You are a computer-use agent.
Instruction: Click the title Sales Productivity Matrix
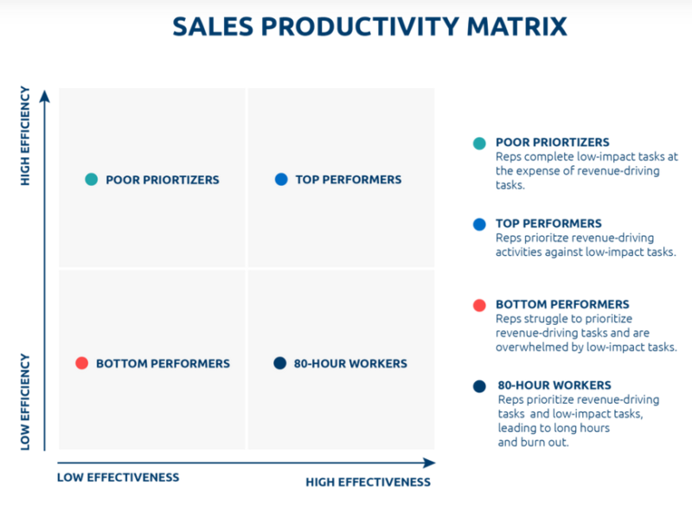pos(369,26)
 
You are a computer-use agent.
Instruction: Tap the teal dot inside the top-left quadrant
pos(91,180)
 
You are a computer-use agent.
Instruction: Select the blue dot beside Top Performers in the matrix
pos(280,180)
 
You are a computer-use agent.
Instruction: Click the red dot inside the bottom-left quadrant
pos(81,363)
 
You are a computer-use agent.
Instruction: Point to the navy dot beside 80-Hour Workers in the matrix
pos(279,363)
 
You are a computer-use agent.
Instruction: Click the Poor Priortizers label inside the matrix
pos(163,180)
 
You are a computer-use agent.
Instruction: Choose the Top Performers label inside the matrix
pos(349,180)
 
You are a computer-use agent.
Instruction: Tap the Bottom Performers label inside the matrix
pos(163,363)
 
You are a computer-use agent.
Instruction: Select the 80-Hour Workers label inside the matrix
pos(350,363)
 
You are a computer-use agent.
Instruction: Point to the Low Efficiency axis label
pos(25,400)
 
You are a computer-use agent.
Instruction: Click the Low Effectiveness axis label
pos(118,477)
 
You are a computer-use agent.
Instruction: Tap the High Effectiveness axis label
pos(368,481)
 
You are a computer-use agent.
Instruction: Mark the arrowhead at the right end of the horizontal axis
pos(429,462)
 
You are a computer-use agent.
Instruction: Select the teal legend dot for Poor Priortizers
pos(479,143)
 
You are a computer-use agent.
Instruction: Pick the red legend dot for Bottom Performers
pos(479,305)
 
